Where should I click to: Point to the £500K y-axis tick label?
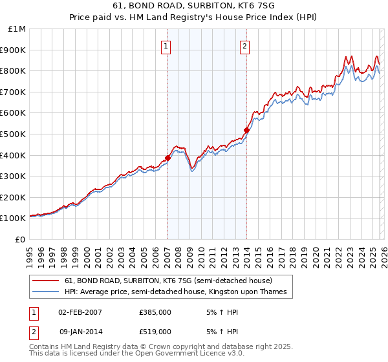coord(14,134)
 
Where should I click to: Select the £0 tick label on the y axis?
coord(20,239)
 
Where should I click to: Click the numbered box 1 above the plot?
coord(167,46)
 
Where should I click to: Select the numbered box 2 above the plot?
coord(246,46)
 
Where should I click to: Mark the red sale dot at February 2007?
coord(167,158)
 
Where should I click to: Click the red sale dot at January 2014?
coord(246,130)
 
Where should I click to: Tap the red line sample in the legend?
coord(46,281)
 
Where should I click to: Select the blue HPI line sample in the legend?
coord(46,292)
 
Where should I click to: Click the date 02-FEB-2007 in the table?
coord(80,312)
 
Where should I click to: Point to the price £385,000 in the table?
coord(155,312)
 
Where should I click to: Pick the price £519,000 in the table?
coord(155,331)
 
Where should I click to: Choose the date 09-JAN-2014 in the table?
coord(80,331)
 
